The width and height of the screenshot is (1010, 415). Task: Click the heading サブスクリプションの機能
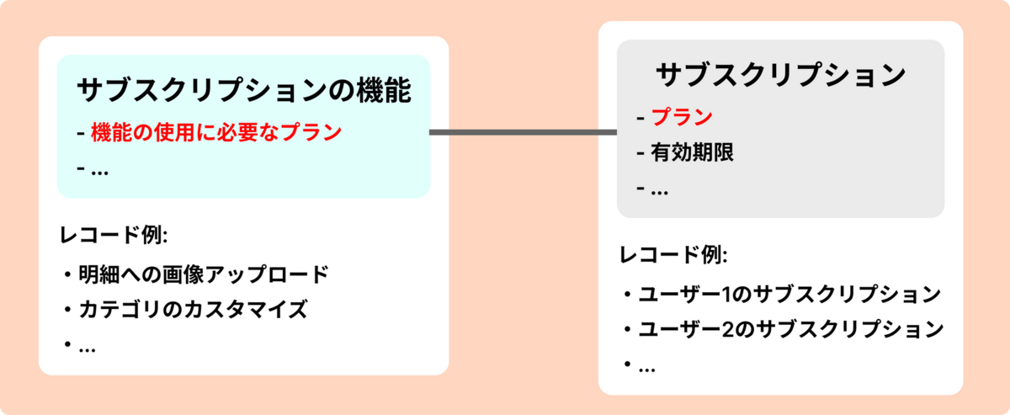click(244, 90)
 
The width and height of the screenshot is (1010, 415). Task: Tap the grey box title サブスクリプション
click(780, 75)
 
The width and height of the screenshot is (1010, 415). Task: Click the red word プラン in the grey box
click(682, 117)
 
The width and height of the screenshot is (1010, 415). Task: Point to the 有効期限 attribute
click(692, 153)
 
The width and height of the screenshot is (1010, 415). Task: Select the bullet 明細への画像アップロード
click(202, 275)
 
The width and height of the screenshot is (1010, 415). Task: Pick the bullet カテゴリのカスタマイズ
click(192, 310)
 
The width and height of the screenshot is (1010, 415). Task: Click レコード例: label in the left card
click(114, 236)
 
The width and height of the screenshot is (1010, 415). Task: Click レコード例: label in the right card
click(673, 255)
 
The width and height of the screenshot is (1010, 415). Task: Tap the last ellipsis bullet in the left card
click(86, 346)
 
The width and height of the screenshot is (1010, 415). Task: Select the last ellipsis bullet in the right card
click(646, 366)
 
